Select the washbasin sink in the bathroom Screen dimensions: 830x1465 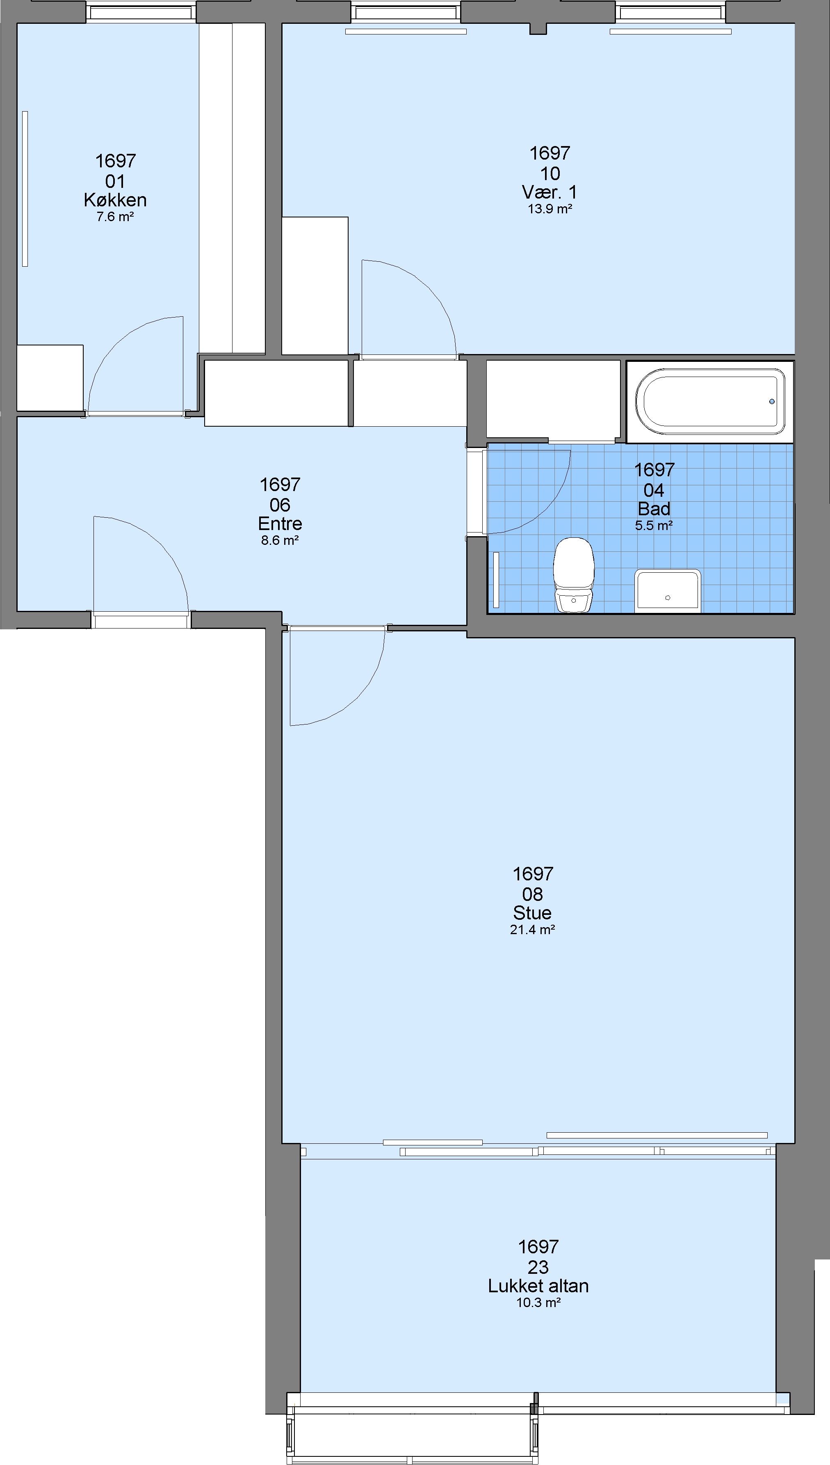pyautogui.click(x=668, y=591)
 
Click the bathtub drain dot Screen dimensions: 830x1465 pyautogui.click(x=772, y=402)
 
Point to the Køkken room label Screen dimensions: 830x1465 pyautogui.click(x=115, y=200)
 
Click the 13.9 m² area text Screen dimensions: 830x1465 pyautogui.click(x=550, y=209)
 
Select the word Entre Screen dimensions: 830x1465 pyautogui.click(x=280, y=523)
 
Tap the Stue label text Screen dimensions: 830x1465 pyautogui.click(x=532, y=912)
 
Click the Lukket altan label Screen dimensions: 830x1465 pyautogui.click(x=538, y=1285)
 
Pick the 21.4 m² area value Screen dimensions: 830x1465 pyautogui.click(x=532, y=930)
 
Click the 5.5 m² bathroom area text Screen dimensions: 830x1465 pyautogui.click(x=654, y=525)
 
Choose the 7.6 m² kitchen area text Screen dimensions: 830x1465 pyautogui.click(x=115, y=217)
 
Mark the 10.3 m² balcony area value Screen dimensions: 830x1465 pyautogui.click(x=538, y=1303)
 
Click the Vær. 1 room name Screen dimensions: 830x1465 pyautogui.click(x=550, y=192)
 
